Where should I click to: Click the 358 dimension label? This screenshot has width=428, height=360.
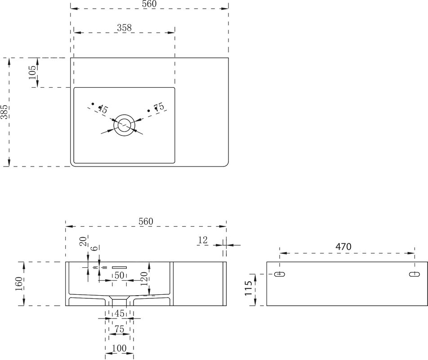tap(125, 27)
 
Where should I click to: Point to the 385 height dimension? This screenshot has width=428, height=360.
tap(4, 112)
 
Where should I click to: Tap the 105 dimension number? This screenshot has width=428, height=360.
tap(32, 72)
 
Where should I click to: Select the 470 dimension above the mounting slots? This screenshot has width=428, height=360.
tap(343, 247)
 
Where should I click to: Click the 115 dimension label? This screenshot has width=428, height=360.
tap(248, 288)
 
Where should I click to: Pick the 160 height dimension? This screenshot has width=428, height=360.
tap(19, 284)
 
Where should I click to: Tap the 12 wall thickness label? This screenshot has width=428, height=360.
tap(203, 240)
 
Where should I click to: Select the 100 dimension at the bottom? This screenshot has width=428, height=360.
tap(119, 348)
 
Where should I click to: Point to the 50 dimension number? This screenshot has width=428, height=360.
tap(119, 275)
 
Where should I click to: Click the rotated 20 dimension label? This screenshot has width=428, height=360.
tap(84, 241)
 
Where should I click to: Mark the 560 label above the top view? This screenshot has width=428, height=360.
tap(149, 4)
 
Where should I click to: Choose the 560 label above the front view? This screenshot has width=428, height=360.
tap(146, 221)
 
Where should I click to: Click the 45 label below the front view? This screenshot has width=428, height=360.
tap(119, 314)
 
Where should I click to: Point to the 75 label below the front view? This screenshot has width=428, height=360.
tap(119, 329)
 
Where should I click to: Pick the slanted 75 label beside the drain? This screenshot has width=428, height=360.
tap(159, 107)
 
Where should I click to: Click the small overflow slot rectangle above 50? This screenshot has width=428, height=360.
tap(119, 267)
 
